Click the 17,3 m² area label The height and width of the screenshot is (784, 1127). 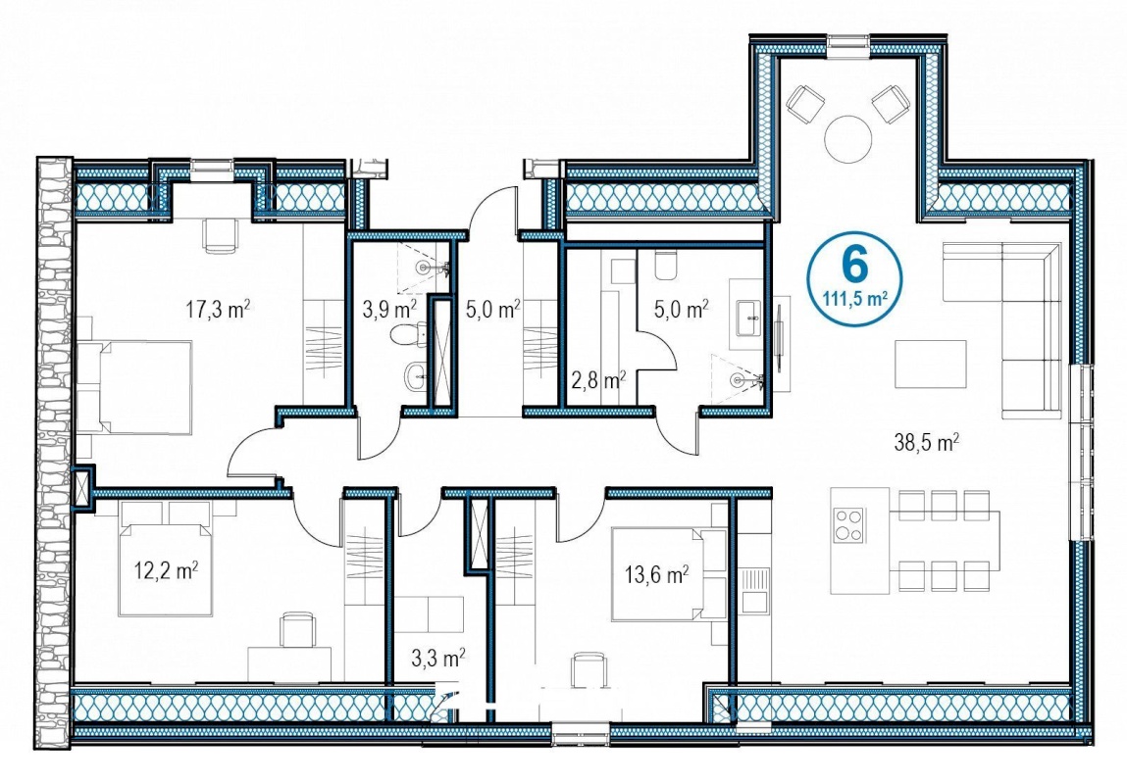[218, 310]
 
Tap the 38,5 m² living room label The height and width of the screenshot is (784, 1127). [927, 442]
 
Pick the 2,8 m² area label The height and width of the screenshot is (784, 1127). [598, 380]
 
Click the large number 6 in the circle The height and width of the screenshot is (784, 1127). [855, 265]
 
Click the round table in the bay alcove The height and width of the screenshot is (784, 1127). [848, 138]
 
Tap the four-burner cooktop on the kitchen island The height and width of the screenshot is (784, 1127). [848, 524]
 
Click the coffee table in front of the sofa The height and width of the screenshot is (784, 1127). [930, 364]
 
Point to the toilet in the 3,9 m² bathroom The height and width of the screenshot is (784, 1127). [407, 334]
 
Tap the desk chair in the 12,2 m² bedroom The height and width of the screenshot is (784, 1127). [296, 629]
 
